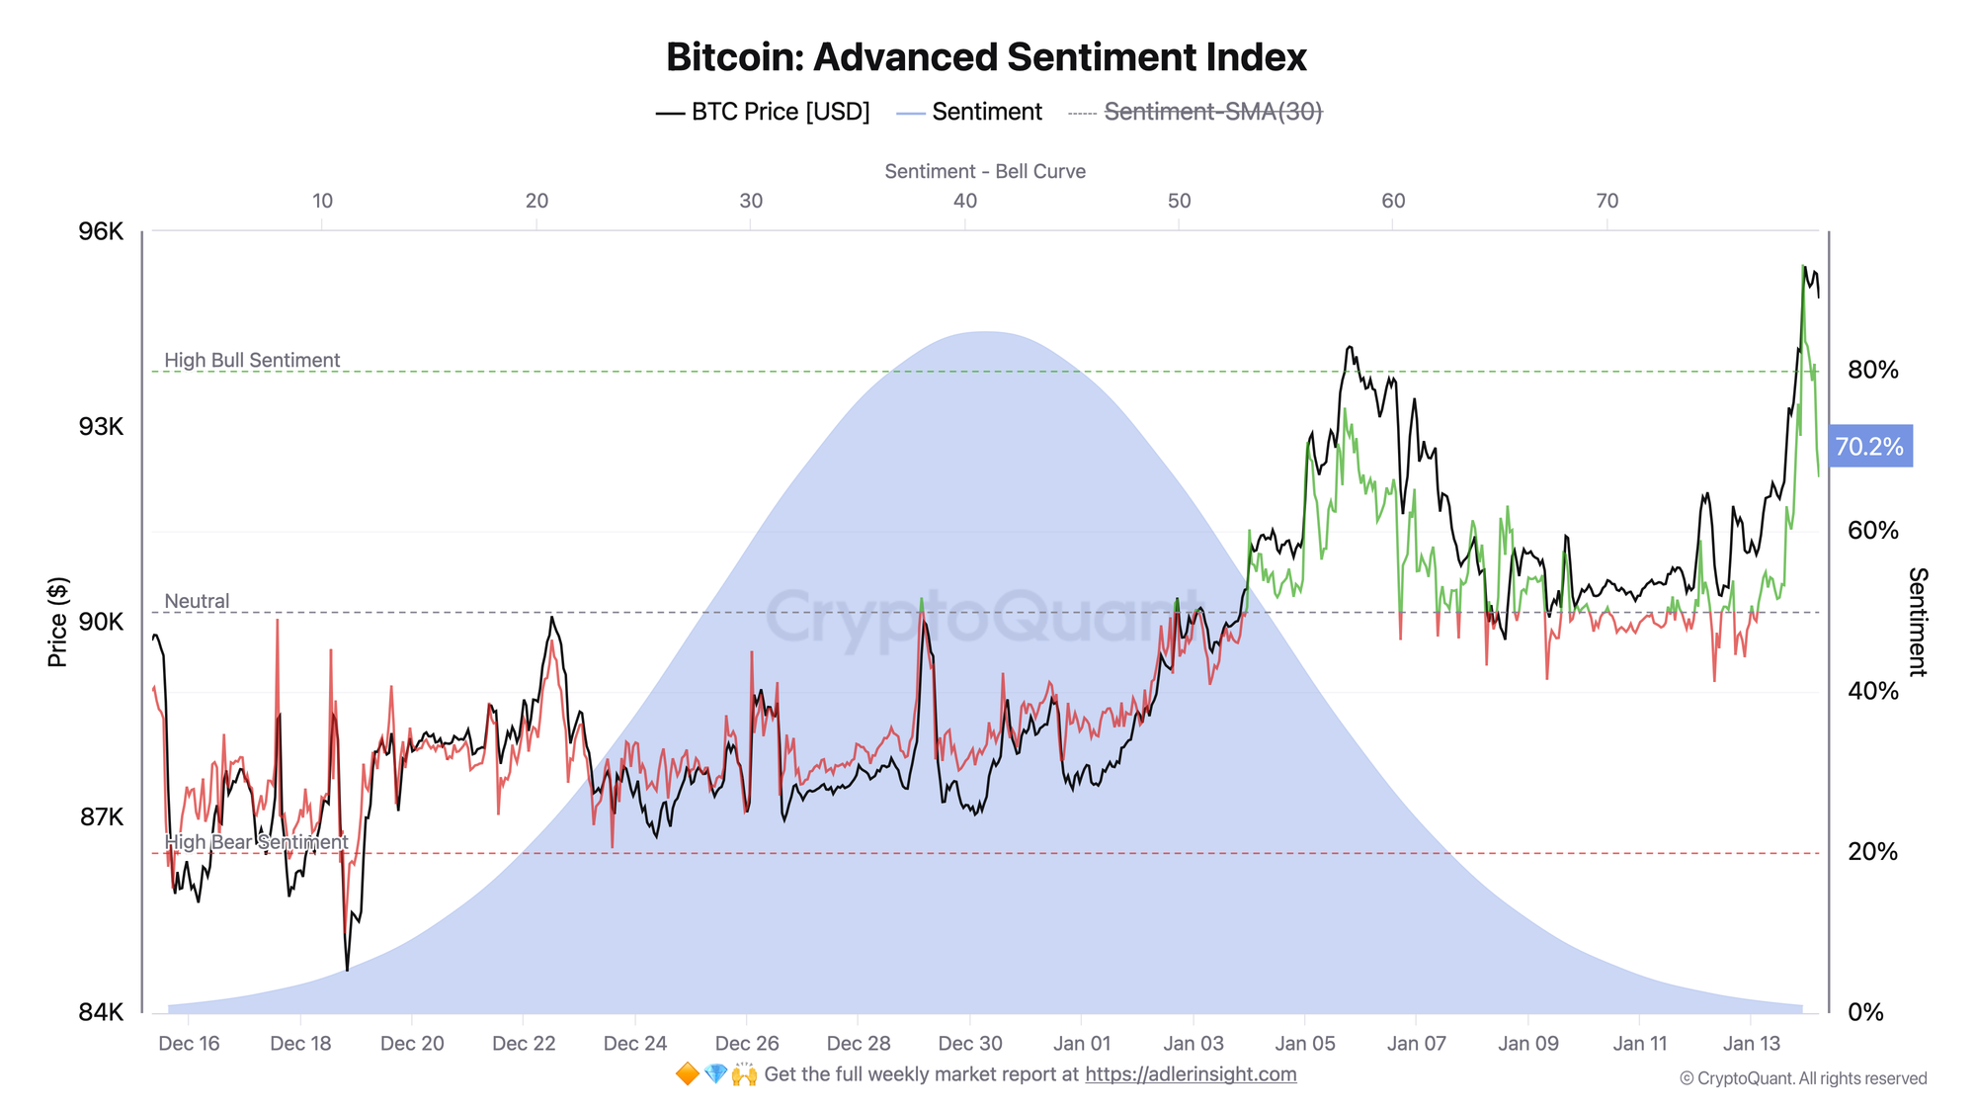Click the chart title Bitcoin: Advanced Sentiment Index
[x=986, y=57]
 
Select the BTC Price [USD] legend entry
[x=763, y=112]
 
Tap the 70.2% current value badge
[x=1869, y=447]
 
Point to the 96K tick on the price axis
[x=101, y=231]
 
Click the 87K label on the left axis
[x=101, y=817]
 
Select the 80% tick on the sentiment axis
[x=1872, y=370]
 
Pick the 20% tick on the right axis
[x=1872, y=852]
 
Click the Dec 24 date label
[x=635, y=1043]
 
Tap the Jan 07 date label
[x=1416, y=1043]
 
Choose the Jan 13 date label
[x=1751, y=1043]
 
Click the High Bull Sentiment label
[x=252, y=360]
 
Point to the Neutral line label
[x=197, y=601]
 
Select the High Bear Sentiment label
[x=256, y=842]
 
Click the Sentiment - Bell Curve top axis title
[x=985, y=171]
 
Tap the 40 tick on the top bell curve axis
[x=965, y=201]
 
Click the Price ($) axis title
[x=58, y=622]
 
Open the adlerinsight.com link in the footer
[x=1191, y=1074]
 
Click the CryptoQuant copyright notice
[x=1802, y=1078]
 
